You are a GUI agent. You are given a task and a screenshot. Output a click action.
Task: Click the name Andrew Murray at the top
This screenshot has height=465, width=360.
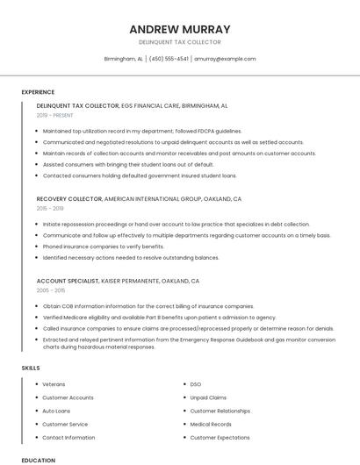tap(180, 29)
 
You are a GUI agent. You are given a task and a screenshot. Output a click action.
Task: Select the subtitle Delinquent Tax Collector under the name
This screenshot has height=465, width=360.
tap(180, 42)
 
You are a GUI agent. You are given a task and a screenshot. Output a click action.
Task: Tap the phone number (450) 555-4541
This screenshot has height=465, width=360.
tap(169, 59)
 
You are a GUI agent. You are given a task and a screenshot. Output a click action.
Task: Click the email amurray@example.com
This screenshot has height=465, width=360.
tap(225, 59)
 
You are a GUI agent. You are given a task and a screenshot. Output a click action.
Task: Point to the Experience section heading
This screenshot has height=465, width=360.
tap(38, 91)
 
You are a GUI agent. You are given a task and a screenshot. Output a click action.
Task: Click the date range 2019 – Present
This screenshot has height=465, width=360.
tap(55, 115)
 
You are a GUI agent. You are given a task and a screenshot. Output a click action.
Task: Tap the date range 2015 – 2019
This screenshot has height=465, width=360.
tap(50, 209)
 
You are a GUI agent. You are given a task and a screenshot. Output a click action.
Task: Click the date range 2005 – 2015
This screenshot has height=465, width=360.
tap(51, 290)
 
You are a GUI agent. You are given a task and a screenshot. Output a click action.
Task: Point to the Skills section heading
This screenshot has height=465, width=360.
tap(31, 368)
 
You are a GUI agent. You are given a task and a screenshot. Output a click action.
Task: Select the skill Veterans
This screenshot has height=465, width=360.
tap(54, 384)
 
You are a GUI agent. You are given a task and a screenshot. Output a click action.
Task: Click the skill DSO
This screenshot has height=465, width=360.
tap(196, 384)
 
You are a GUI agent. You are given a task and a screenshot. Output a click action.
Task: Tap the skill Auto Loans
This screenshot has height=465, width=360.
tap(56, 411)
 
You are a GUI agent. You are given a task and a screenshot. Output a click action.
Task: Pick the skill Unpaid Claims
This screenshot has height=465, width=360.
tap(208, 397)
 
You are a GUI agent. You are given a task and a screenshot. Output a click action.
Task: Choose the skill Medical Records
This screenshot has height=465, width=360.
tap(211, 424)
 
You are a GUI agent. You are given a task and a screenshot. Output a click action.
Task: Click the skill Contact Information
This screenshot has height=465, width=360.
tap(68, 437)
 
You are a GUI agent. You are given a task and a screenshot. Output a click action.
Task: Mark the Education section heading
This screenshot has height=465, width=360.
tap(38, 460)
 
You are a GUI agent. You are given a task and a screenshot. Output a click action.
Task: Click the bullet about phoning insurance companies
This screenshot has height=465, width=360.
tap(104, 247)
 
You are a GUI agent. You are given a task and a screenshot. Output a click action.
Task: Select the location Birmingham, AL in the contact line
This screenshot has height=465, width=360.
tap(123, 59)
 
